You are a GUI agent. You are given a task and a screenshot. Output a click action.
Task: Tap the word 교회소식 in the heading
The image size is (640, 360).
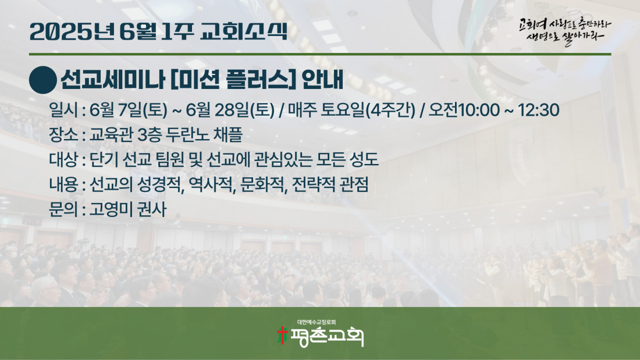coord(244,32)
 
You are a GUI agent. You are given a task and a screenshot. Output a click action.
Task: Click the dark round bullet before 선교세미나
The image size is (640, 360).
coord(43,80)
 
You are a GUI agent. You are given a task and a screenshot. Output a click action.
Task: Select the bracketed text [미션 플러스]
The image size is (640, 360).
coord(233,80)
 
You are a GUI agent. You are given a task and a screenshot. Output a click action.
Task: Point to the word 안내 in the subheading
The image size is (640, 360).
coord(322,80)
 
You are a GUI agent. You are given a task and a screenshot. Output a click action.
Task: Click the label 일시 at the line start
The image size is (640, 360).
coord(63,110)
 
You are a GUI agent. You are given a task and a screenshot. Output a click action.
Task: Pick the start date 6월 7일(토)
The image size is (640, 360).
coord(129,110)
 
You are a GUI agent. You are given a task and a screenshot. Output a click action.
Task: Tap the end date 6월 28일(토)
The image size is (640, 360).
coord(230,110)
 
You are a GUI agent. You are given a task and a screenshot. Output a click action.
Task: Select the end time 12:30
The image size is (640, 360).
coord(538,110)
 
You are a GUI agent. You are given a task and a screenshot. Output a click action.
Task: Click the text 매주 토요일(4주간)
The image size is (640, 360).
coord(351,110)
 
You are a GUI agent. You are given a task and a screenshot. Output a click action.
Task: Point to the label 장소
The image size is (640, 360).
coord(63,135)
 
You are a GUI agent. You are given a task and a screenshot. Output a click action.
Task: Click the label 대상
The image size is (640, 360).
coord(63,159)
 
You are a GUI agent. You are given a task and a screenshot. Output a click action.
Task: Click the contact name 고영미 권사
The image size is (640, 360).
coord(128,209)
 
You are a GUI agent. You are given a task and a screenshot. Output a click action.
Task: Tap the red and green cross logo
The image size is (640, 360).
coord(282,335)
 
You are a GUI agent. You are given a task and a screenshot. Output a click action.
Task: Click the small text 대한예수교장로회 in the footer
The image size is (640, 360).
coord(317,322)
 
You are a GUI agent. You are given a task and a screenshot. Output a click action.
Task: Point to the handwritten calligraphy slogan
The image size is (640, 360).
coord(565,31)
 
